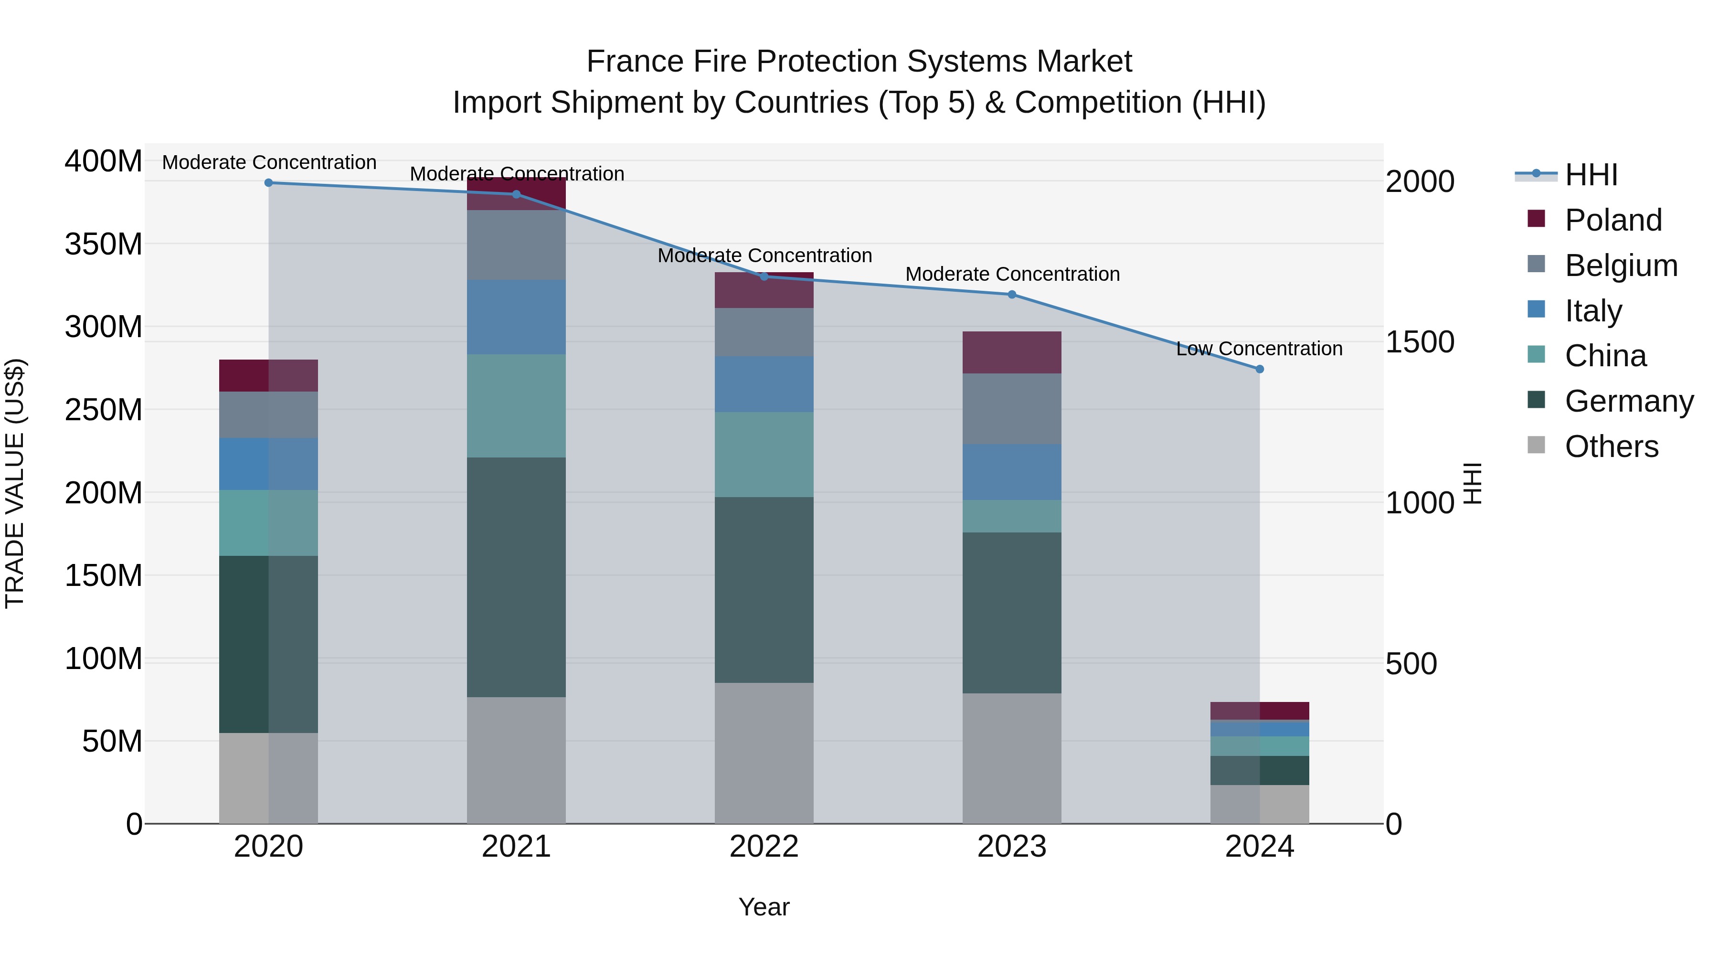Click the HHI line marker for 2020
tap(269, 183)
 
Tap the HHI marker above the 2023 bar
tap(1012, 294)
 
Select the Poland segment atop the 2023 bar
tap(1012, 352)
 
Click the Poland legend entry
tap(1613, 220)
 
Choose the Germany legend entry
tap(1628, 401)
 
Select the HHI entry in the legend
tap(1591, 175)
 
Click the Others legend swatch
tap(1536, 445)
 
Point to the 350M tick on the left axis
tap(104, 244)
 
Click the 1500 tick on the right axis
tap(1420, 342)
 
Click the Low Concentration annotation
tap(1259, 349)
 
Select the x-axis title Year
tap(764, 907)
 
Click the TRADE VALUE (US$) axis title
tap(15, 483)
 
